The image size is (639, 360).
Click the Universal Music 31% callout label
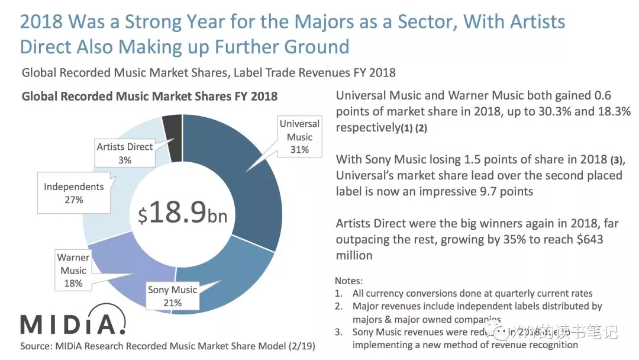[x=299, y=137]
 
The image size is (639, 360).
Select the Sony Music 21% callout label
[x=172, y=296]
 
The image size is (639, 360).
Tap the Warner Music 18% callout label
[x=73, y=271]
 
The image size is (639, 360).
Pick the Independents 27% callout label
[x=73, y=193]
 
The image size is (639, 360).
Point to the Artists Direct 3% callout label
[x=125, y=153]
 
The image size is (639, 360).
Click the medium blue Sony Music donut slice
[x=231, y=278]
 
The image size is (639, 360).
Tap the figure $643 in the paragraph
[x=588, y=239]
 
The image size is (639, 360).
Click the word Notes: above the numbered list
[x=348, y=280]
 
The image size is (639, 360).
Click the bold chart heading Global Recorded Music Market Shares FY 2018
[x=149, y=96]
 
